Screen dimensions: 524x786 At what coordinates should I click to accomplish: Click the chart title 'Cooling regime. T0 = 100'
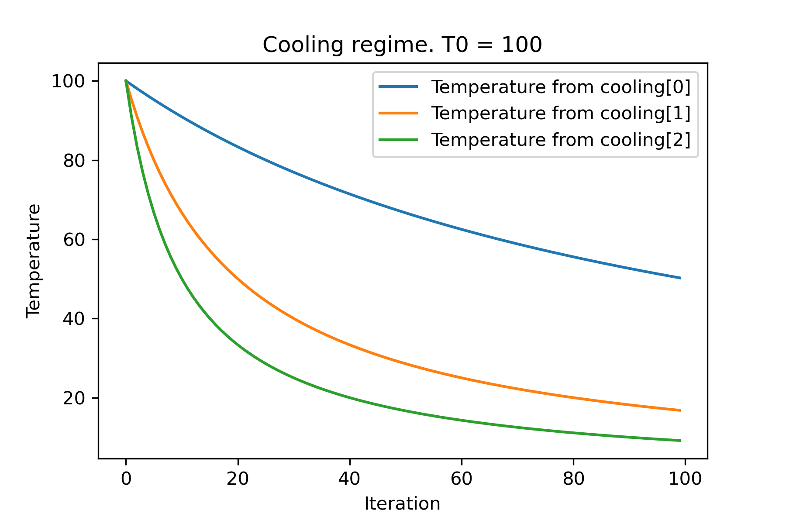click(402, 45)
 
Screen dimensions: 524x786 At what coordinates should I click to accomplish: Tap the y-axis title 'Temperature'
click(34, 261)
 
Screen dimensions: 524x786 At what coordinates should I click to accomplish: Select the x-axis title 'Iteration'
click(402, 504)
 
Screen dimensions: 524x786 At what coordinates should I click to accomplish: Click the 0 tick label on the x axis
click(126, 479)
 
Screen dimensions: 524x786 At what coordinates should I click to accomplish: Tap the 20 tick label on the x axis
click(238, 479)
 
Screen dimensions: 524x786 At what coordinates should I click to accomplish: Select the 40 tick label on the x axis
click(350, 479)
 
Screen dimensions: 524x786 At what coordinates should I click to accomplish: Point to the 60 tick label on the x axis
click(462, 479)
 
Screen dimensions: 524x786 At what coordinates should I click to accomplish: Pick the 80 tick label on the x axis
click(573, 479)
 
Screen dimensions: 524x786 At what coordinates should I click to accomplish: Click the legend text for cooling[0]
click(561, 87)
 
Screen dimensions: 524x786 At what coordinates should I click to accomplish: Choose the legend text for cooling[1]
click(561, 114)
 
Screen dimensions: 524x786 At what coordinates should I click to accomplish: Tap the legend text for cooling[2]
click(561, 140)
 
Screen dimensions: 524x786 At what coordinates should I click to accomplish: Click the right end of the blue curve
click(680, 278)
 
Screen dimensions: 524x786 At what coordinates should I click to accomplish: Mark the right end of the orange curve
click(680, 410)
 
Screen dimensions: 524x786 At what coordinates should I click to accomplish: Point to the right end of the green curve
click(680, 441)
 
